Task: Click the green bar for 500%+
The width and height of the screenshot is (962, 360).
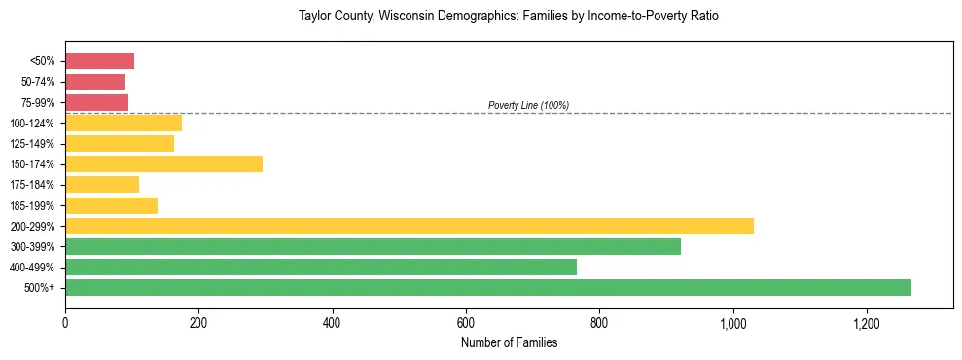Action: (x=488, y=287)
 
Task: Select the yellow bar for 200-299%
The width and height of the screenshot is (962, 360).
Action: (x=410, y=226)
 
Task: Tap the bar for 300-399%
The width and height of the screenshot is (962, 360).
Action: (x=373, y=246)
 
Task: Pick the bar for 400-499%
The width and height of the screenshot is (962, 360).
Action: (x=321, y=267)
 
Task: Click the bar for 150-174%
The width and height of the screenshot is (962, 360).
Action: (x=163, y=163)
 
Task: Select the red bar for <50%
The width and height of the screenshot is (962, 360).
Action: (x=99, y=61)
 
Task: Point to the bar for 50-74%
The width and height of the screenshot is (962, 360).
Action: (x=94, y=82)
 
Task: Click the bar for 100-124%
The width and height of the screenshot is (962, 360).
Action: (x=124, y=123)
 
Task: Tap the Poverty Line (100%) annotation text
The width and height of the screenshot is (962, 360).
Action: (x=528, y=105)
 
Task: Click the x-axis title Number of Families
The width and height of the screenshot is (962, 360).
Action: (x=509, y=342)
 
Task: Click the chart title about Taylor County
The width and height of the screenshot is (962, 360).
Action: (x=509, y=18)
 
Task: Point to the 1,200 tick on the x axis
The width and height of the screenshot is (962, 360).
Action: (x=866, y=322)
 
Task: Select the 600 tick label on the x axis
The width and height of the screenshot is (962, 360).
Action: (x=466, y=322)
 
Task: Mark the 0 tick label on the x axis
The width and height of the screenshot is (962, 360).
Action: (x=65, y=322)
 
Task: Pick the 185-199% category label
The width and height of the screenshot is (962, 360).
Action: (x=34, y=205)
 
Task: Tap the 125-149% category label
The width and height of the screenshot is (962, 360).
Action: (x=34, y=143)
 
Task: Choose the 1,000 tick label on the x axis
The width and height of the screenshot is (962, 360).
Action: (x=732, y=322)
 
